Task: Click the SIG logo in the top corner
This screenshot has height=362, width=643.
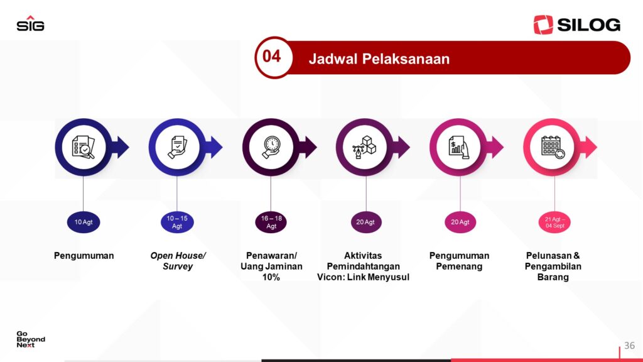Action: pos(30,23)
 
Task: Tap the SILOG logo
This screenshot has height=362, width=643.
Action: pos(576,25)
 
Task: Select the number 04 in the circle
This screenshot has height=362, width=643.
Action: pos(271,56)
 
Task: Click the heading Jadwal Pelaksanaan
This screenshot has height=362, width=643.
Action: pos(379,59)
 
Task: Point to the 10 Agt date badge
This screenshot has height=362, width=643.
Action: pos(84,222)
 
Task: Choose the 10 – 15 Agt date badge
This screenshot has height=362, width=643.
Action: pos(176,222)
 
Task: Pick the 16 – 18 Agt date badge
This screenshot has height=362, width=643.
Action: pos(271,222)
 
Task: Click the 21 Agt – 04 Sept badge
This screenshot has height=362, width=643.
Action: pos(554,222)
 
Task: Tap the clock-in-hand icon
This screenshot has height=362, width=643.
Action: pos(271,147)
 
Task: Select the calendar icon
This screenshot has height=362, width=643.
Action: pos(553,147)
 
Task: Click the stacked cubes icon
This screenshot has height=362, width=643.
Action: pos(365,147)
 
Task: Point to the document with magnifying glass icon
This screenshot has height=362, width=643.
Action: pos(84,147)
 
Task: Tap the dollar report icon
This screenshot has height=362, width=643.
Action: pos(458,147)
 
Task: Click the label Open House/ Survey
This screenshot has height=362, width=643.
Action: pos(178,261)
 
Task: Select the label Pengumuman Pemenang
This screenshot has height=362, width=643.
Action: pos(459,261)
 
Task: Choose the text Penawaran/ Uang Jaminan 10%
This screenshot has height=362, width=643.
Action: pos(271,266)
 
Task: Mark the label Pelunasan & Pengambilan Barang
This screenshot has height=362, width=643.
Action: pos(553,266)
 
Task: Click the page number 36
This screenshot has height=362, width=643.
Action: pos(629,346)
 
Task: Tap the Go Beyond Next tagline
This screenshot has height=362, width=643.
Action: pos(31,339)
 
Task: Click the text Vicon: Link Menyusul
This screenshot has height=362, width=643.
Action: pos(363,277)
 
